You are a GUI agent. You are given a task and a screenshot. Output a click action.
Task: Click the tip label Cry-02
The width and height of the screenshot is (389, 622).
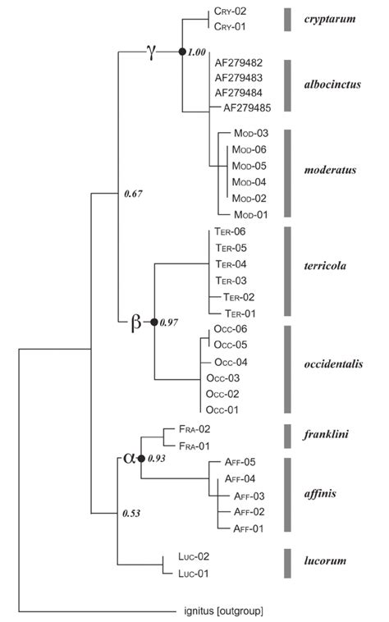(230, 11)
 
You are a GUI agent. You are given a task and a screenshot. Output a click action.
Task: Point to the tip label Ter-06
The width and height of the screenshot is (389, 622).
(231, 231)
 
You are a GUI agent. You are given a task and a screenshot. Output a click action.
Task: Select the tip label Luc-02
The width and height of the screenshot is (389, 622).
(194, 556)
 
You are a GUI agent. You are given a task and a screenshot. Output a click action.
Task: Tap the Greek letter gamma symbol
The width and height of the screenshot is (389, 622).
(151, 50)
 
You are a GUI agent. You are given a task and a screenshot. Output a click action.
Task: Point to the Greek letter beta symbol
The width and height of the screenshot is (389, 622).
(136, 322)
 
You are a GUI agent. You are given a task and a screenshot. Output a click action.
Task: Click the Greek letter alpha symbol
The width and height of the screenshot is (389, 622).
(129, 457)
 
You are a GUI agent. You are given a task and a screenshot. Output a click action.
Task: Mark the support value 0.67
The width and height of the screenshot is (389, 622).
(133, 194)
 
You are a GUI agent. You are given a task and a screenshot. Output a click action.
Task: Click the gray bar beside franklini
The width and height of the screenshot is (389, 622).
(288, 437)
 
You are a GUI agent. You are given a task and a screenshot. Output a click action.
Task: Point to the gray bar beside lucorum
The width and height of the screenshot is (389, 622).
(288, 564)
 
